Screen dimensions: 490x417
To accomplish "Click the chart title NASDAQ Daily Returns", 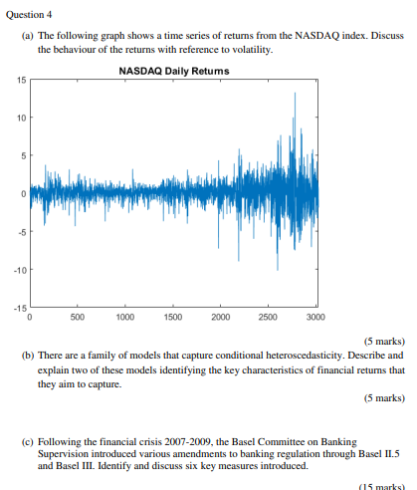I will click(173, 71).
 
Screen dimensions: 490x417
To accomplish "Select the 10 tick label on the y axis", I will click(21, 118).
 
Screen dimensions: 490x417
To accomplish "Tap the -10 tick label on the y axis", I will click(19, 270).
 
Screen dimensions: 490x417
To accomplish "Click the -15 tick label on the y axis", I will click(19, 308).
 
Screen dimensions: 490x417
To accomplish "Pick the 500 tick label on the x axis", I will click(77, 317).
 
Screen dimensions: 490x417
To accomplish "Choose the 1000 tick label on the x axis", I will click(125, 317).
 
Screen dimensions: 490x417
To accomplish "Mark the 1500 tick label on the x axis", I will click(173, 317).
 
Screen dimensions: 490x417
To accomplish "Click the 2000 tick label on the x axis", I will click(221, 317).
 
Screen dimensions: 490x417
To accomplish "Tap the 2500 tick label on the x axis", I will click(269, 317).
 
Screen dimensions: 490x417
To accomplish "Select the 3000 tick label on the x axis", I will click(315, 317).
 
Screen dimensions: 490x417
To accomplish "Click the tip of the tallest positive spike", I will click(295, 93).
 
